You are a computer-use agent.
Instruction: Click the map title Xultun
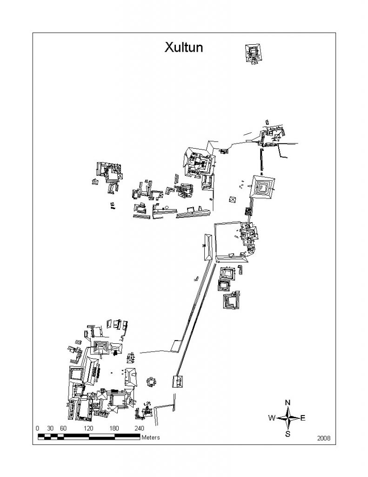point(184,48)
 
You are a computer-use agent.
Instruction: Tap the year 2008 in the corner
point(324,438)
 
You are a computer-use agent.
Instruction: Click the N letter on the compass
point(288,402)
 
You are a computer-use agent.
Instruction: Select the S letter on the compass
point(288,434)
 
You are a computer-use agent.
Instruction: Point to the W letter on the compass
point(272,418)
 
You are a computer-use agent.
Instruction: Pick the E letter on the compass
point(303,418)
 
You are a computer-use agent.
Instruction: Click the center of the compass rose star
point(288,418)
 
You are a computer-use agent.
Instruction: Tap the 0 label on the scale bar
point(37,429)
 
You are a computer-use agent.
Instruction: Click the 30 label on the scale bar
point(50,429)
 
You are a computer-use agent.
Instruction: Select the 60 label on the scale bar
point(63,429)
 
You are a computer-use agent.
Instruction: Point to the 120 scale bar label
point(88,429)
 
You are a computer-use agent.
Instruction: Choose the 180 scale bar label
point(114,429)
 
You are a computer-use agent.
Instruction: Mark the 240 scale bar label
point(139,429)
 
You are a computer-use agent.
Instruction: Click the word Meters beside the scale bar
point(150,437)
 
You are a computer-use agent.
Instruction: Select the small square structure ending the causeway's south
point(178,382)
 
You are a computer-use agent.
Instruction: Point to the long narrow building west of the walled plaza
point(208,247)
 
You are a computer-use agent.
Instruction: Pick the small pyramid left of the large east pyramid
point(233,199)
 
